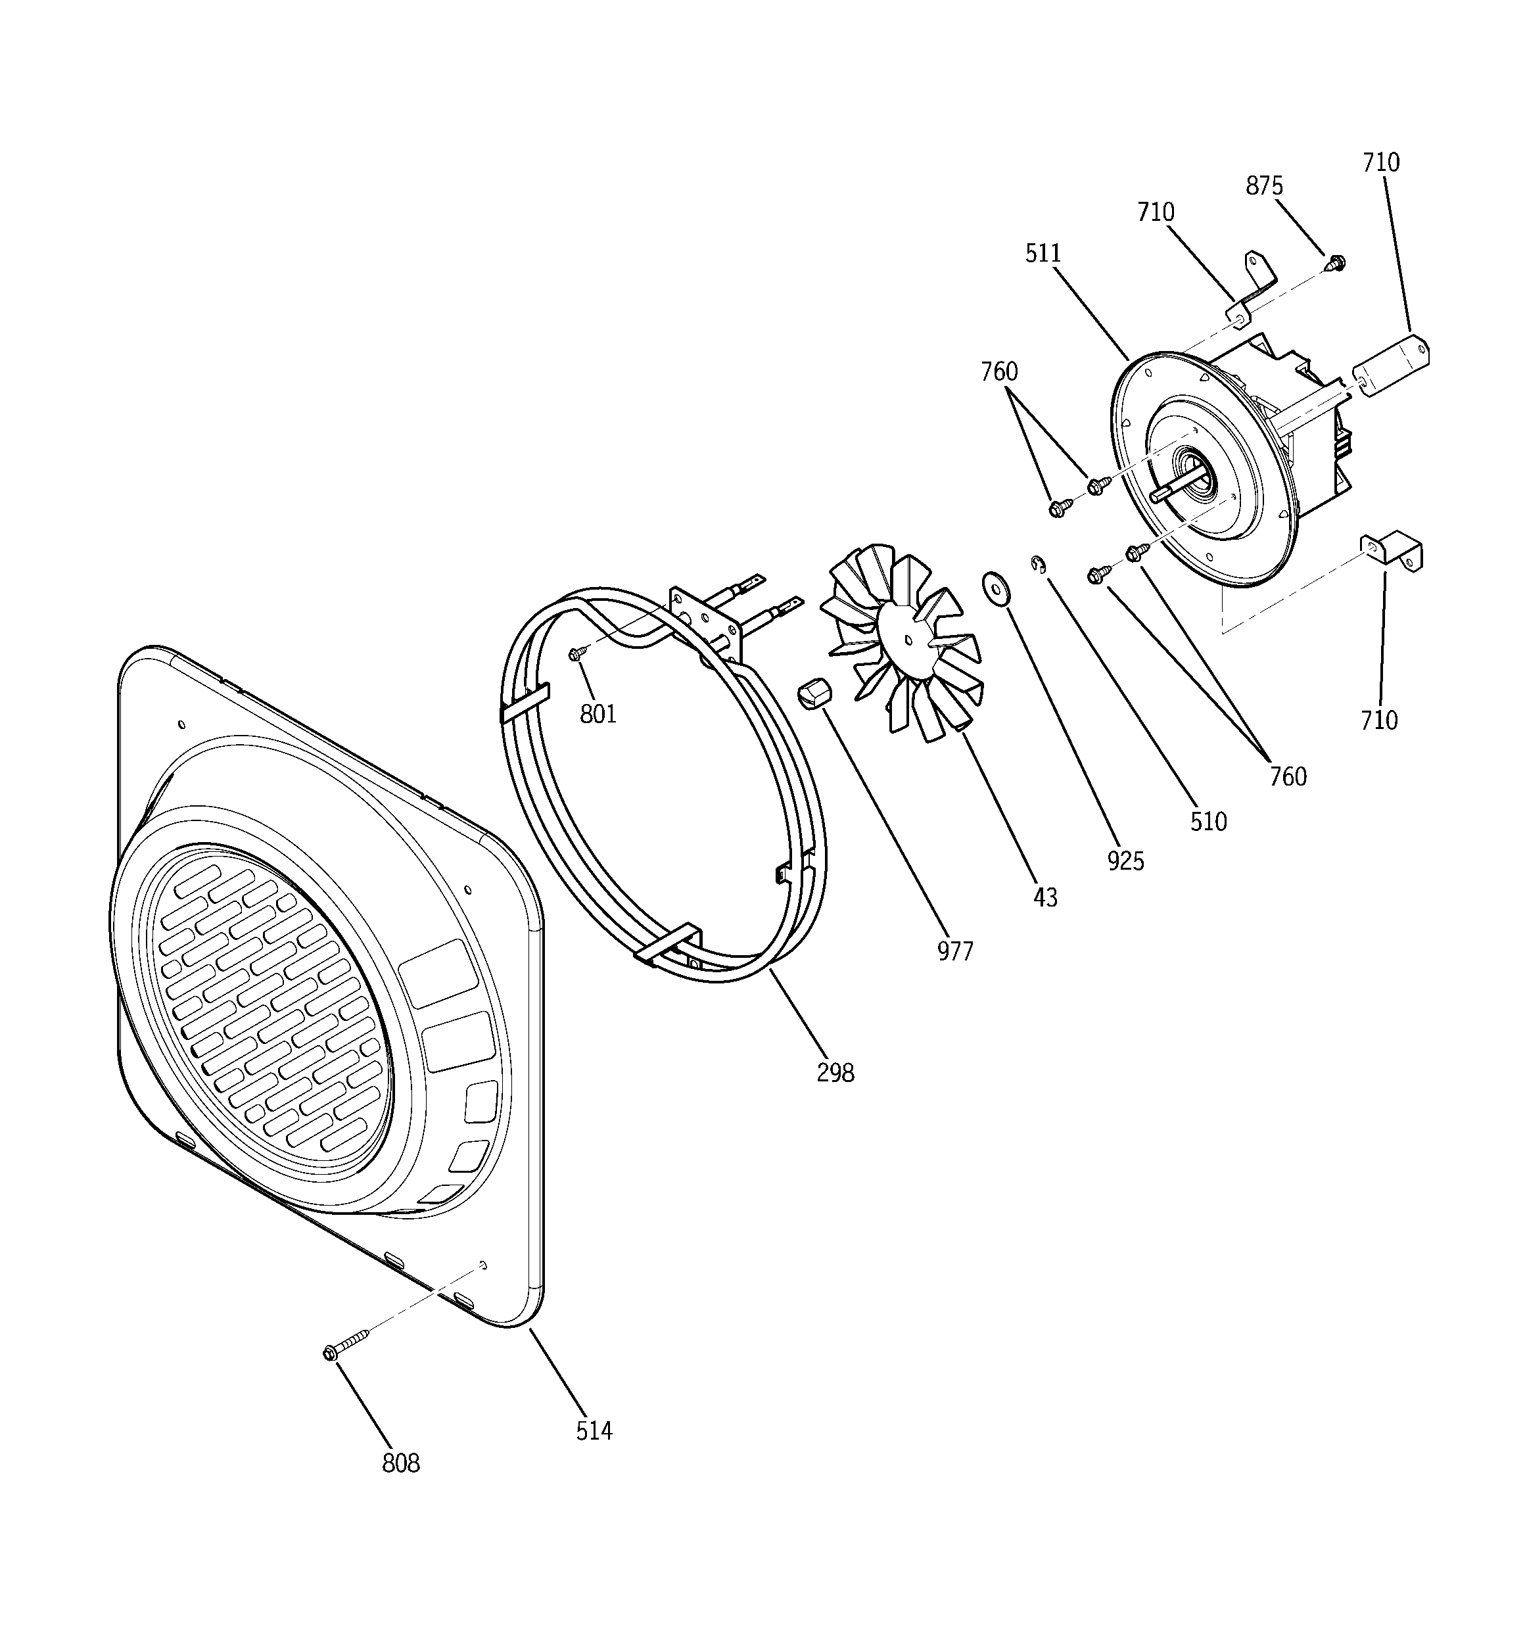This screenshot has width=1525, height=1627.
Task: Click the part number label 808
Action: tap(400, 1463)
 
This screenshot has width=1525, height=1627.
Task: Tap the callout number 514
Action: tap(594, 1430)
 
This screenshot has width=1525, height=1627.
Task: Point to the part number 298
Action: tap(835, 1072)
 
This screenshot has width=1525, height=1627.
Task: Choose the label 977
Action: tap(954, 951)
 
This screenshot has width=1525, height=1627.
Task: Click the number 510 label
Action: tap(1208, 821)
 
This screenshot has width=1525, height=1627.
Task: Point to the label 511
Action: tap(1043, 254)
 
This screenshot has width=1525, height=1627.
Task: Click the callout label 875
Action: tap(1264, 187)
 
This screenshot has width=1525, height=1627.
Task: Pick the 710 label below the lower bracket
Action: tap(1378, 720)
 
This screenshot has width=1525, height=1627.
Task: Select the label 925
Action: tap(1125, 860)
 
